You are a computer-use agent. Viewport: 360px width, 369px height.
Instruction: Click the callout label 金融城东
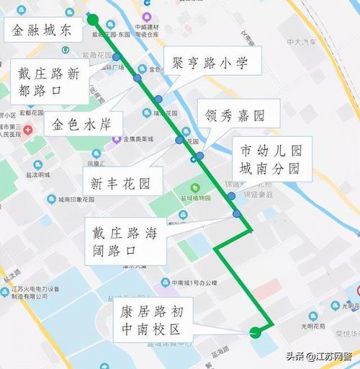[x=42, y=30]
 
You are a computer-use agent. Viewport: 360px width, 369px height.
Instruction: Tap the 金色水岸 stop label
[x=83, y=123]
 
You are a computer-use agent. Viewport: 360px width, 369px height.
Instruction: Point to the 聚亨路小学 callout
[x=211, y=63]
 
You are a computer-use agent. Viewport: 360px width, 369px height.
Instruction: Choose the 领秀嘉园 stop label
[x=231, y=115]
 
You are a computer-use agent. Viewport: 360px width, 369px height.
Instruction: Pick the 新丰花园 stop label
[x=120, y=183]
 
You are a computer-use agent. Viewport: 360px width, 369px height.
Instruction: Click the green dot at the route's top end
[x=93, y=19]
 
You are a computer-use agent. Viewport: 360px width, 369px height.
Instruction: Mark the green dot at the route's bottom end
[x=255, y=332]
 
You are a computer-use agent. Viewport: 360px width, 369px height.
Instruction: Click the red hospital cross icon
[x=27, y=130]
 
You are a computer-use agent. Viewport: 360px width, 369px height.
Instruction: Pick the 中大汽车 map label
[x=302, y=43]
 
